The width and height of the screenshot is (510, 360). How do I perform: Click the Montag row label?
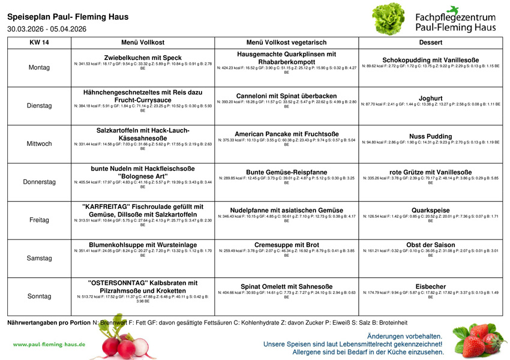coord(39,67)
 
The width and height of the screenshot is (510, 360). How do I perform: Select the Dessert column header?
coord(430,43)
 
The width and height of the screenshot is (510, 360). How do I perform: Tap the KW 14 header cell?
coord(39,43)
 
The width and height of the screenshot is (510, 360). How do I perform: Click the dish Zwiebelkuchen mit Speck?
coord(143,58)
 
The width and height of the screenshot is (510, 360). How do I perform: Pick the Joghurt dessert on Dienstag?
coord(430,98)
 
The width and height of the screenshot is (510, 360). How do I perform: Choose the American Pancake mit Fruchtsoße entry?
coord(286,134)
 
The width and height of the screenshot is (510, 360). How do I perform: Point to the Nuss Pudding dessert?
coord(430,136)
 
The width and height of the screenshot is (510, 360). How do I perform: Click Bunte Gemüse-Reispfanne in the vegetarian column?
coord(286,172)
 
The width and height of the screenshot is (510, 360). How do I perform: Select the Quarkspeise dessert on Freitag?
coord(430,210)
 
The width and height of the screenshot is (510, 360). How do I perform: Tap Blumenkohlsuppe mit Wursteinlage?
coord(143,245)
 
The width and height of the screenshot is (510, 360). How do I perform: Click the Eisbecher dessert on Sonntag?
coord(430,286)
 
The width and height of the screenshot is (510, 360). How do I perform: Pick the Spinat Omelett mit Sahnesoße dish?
coord(286,287)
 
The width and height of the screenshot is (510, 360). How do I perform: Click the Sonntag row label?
coord(39,296)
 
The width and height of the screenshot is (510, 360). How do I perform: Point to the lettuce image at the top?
coord(389,19)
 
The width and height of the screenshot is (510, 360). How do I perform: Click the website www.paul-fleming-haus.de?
coord(49,344)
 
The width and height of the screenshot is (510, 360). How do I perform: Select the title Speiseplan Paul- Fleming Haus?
coord(68,17)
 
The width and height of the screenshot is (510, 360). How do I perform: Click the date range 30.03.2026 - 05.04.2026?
coord(47,29)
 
